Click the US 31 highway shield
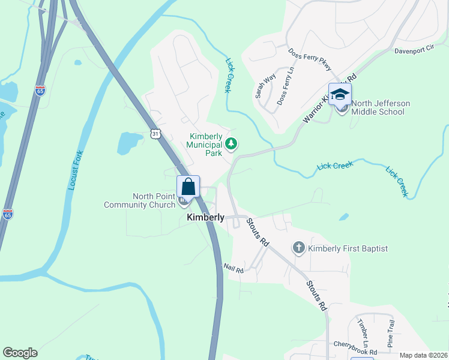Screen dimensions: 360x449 coord(155,134)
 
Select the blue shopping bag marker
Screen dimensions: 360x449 coord(188,187)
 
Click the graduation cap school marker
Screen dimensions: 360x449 coord(340,94)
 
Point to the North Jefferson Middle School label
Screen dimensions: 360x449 coord(381,107)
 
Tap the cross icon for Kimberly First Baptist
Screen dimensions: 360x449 coord(298,248)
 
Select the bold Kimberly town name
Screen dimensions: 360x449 coord(205,217)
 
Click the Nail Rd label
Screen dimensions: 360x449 coord(233,269)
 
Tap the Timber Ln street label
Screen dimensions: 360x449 coord(363,329)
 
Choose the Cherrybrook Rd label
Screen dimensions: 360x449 coord(357,352)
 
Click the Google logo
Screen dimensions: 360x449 coord(20,353)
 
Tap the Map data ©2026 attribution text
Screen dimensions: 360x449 coord(423,355)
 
